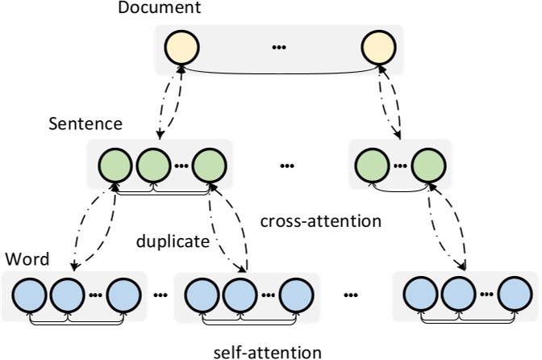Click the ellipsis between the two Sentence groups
tap(287, 167)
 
